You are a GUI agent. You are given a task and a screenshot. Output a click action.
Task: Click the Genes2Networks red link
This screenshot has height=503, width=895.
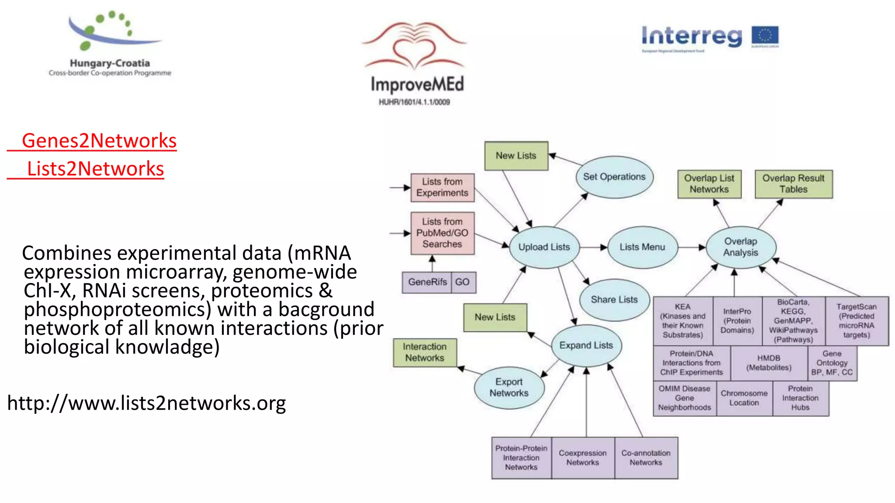click(99, 141)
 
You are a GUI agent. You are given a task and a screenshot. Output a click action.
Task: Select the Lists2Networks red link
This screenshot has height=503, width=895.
click(95, 169)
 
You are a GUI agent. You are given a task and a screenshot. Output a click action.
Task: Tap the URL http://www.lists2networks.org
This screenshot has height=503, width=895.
click(146, 403)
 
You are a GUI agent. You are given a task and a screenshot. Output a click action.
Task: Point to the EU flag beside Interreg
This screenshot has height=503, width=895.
click(765, 37)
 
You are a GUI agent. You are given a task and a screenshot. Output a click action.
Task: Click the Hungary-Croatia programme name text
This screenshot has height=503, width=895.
click(110, 63)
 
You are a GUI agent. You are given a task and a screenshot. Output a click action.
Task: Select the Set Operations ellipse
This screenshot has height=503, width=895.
click(614, 177)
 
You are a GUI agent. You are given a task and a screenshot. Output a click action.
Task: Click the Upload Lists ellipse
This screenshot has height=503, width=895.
click(544, 247)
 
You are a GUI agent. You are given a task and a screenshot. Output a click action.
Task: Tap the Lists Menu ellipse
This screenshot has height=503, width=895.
click(642, 247)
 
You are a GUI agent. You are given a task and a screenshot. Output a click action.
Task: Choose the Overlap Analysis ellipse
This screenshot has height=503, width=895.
click(740, 247)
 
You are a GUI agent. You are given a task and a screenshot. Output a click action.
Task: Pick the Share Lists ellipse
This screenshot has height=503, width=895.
click(614, 300)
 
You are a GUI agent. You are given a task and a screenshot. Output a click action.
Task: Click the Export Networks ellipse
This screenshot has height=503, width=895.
click(509, 387)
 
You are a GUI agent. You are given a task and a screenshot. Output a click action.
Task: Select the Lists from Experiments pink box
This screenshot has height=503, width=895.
click(442, 187)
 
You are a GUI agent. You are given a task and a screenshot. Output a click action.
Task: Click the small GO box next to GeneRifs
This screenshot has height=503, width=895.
click(462, 282)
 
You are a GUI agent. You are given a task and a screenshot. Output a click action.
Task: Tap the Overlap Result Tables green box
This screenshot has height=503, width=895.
click(793, 184)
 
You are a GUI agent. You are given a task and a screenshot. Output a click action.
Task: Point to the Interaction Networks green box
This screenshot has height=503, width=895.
click(424, 352)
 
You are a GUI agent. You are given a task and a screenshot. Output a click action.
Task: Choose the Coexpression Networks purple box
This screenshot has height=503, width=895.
click(583, 458)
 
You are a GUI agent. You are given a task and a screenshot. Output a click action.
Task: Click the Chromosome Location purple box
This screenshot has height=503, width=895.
click(744, 398)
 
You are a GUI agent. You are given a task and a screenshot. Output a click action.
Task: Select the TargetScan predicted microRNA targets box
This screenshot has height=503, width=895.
click(856, 321)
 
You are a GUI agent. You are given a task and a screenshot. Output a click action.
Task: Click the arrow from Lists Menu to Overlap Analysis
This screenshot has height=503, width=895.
click(691, 247)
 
